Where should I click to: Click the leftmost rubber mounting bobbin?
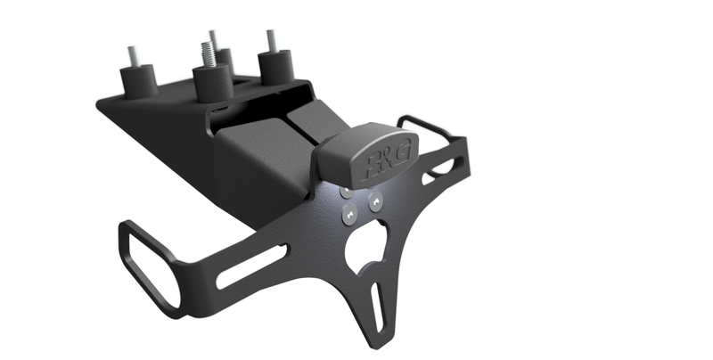138,81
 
